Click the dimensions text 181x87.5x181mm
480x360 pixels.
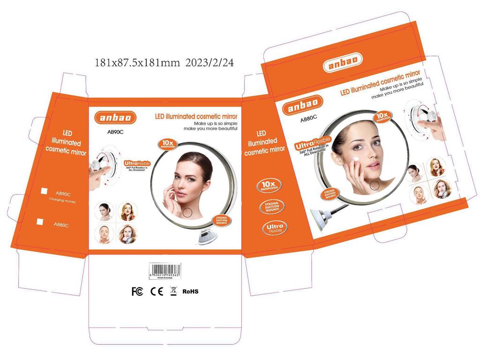(x=137, y=62)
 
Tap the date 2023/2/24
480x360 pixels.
(x=210, y=62)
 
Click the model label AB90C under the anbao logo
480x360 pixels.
(x=115, y=132)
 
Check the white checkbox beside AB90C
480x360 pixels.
(x=44, y=191)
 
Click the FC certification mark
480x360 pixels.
(x=137, y=291)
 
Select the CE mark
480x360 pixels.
(x=157, y=291)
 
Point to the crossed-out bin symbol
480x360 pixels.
(x=173, y=291)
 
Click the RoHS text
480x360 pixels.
(x=190, y=291)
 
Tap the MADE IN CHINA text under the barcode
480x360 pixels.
(x=165, y=277)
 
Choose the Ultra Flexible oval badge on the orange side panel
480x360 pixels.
(x=274, y=228)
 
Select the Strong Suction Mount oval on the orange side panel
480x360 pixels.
(x=271, y=207)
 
